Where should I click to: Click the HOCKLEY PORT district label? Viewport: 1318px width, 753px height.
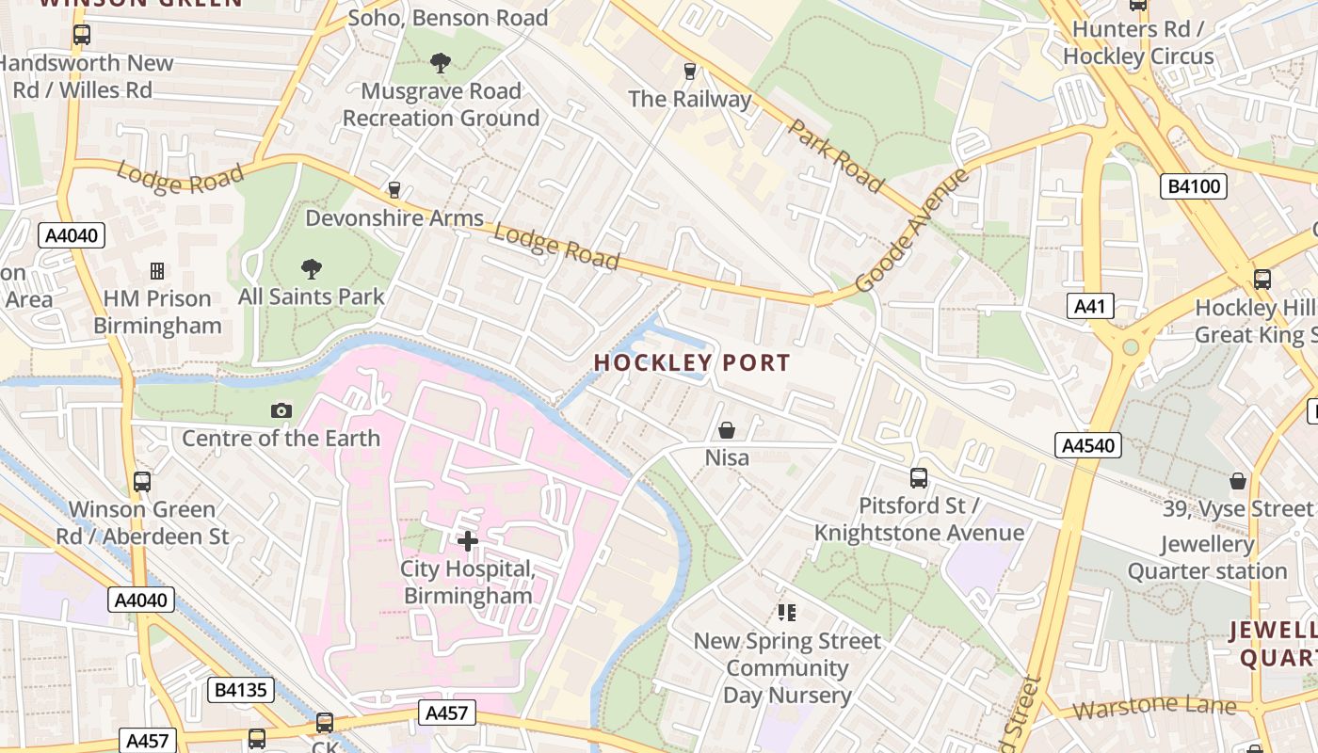click(x=692, y=362)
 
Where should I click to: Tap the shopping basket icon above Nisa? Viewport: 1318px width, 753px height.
click(x=727, y=430)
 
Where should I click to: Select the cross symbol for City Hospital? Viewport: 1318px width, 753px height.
click(x=468, y=540)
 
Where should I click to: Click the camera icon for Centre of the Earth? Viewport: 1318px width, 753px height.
click(x=281, y=410)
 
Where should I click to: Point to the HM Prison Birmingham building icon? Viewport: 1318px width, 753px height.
click(x=157, y=271)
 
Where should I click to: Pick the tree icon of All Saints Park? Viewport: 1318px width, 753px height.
click(x=311, y=268)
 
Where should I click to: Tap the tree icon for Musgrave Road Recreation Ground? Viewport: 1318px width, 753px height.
click(x=440, y=63)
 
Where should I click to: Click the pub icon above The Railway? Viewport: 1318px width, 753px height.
click(x=689, y=71)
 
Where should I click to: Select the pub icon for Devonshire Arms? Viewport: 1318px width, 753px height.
click(x=394, y=190)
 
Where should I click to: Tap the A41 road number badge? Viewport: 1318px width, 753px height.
click(x=1091, y=306)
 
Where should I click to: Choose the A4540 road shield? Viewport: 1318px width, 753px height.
click(x=1088, y=445)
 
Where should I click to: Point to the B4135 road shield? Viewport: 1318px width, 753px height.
click(x=241, y=690)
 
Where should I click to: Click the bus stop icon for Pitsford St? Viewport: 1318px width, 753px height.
click(x=918, y=478)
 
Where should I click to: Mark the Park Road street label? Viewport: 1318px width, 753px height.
click(x=837, y=155)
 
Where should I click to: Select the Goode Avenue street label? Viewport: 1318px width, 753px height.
click(x=911, y=231)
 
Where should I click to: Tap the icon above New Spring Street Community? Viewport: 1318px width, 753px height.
click(x=787, y=613)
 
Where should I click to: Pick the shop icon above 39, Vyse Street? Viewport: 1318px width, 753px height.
click(x=1238, y=481)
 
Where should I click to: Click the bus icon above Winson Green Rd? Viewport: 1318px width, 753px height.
click(x=142, y=482)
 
